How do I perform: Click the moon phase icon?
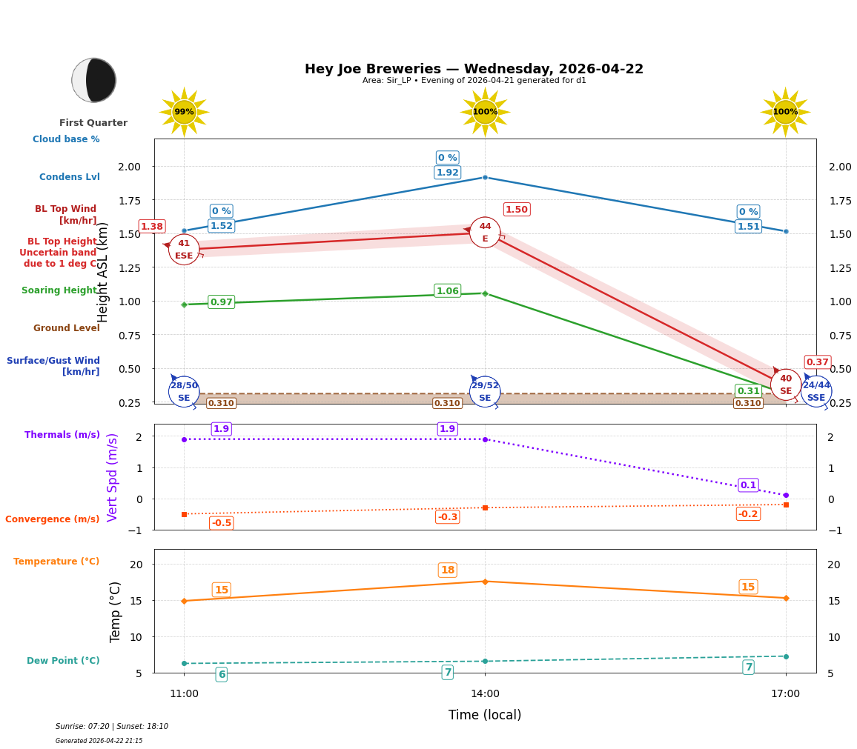(x=94, y=80)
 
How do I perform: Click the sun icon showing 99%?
(x=184, y=112)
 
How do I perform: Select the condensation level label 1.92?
(x=447, y=173)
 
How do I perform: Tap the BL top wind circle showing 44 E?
(x=485, y=233)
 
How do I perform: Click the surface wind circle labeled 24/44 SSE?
(x=816, y=391)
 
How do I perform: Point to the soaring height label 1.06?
(x=447, y=291)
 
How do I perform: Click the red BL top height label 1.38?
(x=151, y=227)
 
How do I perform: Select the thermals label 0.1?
(x=748, y=485)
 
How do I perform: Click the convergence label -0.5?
(x=221, y=523)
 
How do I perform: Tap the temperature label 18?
(x=447, y=570)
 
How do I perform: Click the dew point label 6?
(x=221, y=674)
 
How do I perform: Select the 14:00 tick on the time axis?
(x=485, y=694)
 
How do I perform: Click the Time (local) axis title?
(x=485, y=715)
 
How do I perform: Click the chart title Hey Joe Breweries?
(x=474, y=69)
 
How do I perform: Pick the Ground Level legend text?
(x=66, y=328)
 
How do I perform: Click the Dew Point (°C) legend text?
(x=63, y=661)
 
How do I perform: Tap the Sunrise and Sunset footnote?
(x=112, y=727)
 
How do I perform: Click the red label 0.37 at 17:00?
(x=817, y=362)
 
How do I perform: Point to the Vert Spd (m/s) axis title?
(x=113, y=477)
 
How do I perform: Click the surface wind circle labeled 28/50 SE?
(x=184, y=391)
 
